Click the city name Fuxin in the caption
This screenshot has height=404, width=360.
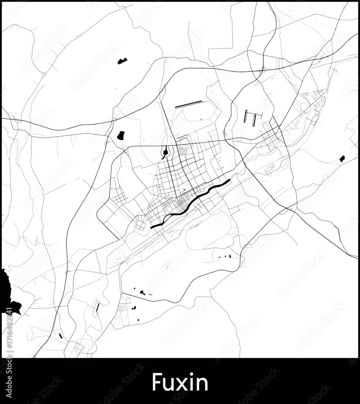pyautogui.click(x=180, y=382)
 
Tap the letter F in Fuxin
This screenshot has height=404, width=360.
pyautogui.click(x=156, y=382)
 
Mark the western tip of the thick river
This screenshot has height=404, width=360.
pyautogui.click(x=152, y=227)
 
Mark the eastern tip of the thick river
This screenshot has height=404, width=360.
pyautogui.click(x=229, y=180)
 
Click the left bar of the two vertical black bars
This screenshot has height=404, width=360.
pyautogui.click(x=246, y=117)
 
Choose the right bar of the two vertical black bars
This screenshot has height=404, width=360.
pyautogui.click(x=254, y=120)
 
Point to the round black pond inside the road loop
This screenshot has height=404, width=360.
pyautogui.click(x=165, y=153)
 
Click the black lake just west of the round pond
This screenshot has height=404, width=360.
pyautogui.click(x=120, y=135)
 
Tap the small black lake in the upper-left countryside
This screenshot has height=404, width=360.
pyautogui.click(x=122, y=61)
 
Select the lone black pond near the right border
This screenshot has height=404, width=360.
pyautogui.click(x=342, y=158)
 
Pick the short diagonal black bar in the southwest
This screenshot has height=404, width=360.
pyautogui.click(x=97, y=307)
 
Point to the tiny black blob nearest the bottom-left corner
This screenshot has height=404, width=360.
pyautogui.click(x=61, y=335)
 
